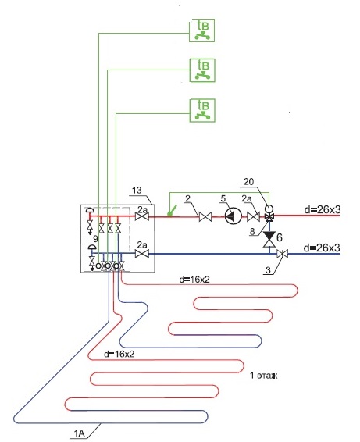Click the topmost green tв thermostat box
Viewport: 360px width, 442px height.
201,30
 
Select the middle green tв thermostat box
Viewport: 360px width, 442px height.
202,70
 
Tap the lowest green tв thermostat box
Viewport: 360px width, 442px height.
202,110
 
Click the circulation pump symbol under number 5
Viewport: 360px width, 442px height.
233,216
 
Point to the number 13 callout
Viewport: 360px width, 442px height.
137,190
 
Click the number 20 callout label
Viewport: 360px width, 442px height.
248,181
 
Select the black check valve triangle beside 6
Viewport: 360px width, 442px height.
269,235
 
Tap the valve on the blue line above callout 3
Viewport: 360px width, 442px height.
282,254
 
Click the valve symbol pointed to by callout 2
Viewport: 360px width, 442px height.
205,217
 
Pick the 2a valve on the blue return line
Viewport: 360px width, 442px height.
142,254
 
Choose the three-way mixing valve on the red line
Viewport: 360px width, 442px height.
269,217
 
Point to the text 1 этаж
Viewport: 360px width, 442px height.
264,375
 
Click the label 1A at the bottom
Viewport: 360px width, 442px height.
79,433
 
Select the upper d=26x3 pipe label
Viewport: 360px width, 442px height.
322,209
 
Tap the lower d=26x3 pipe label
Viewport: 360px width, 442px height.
322,248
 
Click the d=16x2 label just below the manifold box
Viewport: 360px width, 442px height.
194,280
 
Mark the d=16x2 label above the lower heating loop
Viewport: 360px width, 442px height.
119,354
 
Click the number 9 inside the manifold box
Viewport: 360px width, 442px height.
95,238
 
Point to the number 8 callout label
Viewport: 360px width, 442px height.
252,231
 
